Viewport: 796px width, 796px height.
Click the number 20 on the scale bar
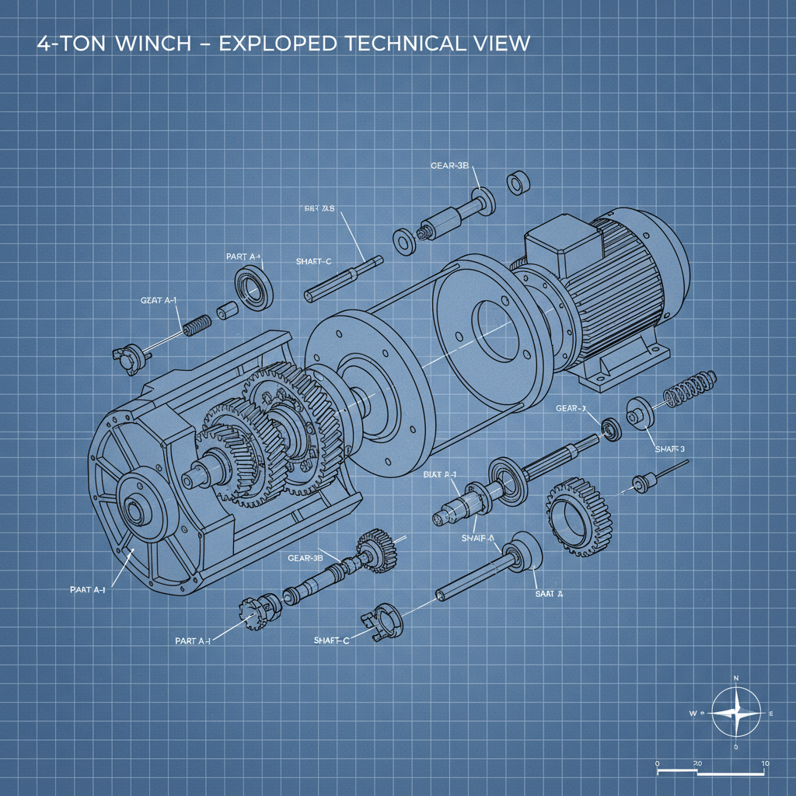point(697,764)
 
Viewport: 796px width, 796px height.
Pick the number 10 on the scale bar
point(766,764)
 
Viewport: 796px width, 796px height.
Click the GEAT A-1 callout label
point(159,299)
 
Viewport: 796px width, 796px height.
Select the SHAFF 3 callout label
point(669,449)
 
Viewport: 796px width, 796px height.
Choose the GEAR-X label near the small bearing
point(571,408)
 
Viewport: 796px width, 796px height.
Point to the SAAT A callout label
point(548,593)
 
